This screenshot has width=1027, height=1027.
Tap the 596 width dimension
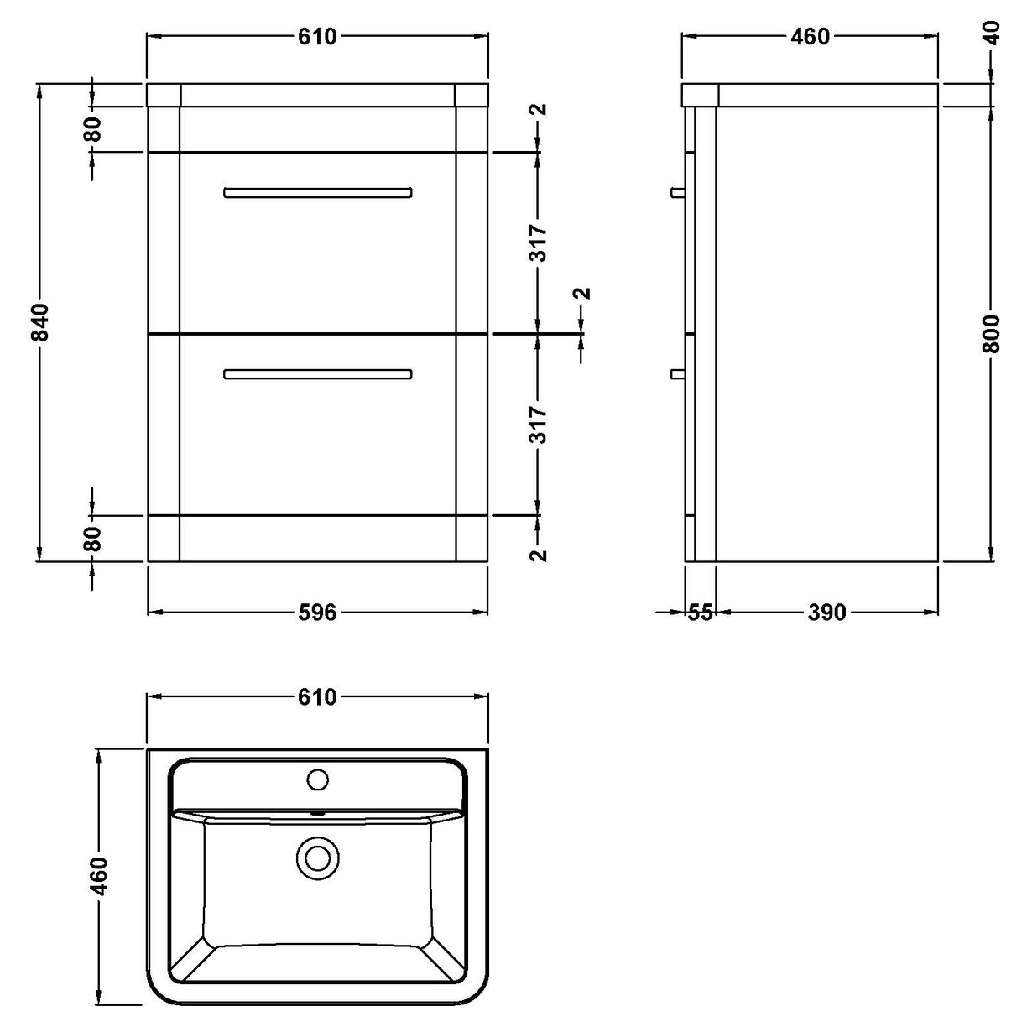pyautogui.click(x=317, y=613)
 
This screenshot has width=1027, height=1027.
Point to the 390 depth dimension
pyautogui.click(x=826, y=613)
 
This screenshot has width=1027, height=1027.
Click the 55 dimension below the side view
pyautogui.click(x=700, y=613)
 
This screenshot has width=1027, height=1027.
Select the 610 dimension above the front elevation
pyautogui.click(x=317, y=37)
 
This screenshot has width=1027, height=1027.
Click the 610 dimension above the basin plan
pyautogui.click(x=317, y=697)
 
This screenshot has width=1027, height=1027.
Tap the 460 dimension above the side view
pyautogui.click(x=810, y=37)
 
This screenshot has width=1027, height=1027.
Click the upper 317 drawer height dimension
pyautogui.click(x=539, y=243)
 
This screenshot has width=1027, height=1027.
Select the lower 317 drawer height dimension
pyautogui.click(x=539, y=425)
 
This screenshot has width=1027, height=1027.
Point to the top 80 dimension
pyautogui.click(x=93, y=129)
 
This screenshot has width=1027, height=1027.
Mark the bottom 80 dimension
pyautogui.click(x=93, y=537)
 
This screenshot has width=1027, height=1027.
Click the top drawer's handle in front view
pyautogui.click(x=318, y=193)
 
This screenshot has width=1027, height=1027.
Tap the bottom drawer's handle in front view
pyautogui.click(x=318, y=374)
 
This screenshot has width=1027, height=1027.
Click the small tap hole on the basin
pyautogui.click(x=317, y=779)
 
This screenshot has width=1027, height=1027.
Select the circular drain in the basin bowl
pyautogui.click(x=317, y=858)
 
